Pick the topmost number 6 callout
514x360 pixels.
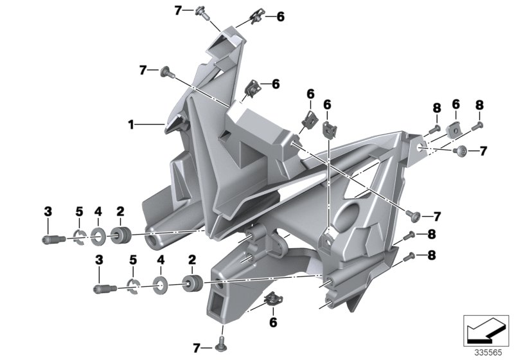pos(279,17)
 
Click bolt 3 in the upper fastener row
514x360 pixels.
pos(51,239)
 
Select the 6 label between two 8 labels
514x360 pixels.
pos(456,104)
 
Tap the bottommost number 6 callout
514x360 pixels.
pos(272,321)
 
